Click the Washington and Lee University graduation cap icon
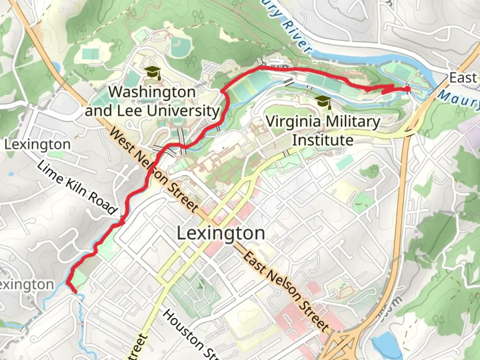click(x=153, y=73)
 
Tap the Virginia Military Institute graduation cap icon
click(x=323, y=102)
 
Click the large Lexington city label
click(x=221, y=233)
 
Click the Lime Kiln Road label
click(x=77, y=188)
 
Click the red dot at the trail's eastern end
click(x=407, y=89)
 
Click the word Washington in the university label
click(x=152, y=92)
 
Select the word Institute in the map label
click(x=323, y=140)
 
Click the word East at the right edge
click(x=463, y=78)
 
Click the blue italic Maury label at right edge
click(x=458, y=98)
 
